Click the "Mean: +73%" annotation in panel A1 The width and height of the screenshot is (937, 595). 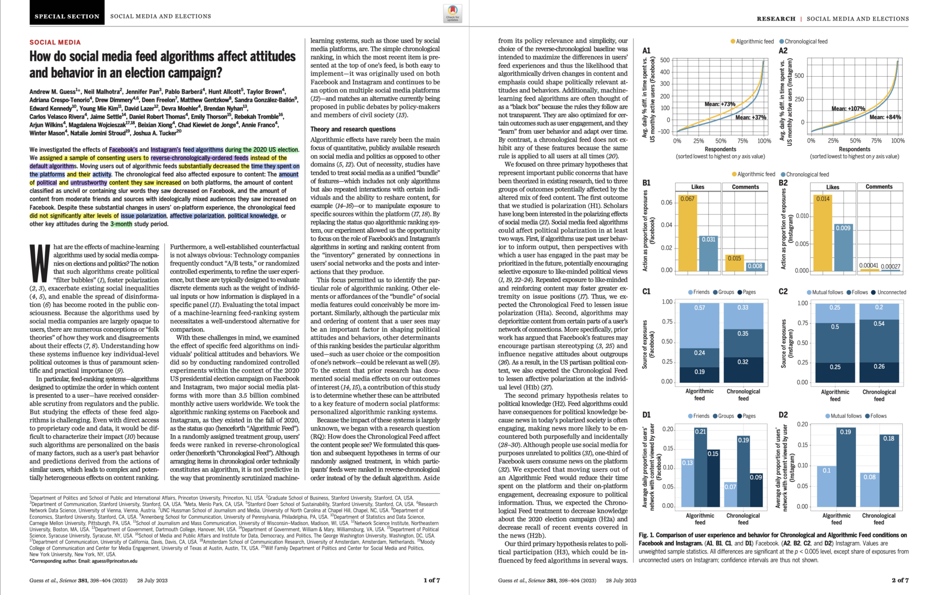click(720, 104)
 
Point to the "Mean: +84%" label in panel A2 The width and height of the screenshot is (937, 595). click(885, 117)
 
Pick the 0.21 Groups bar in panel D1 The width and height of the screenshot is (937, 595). click(700, 467)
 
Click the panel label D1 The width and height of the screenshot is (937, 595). click(646, 415)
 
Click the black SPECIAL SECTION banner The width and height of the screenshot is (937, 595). click(67, 16)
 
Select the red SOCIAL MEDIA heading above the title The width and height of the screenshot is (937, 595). click(55, 43)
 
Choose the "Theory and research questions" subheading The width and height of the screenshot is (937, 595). click(353, 129)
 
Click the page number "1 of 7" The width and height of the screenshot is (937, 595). click(432, 580)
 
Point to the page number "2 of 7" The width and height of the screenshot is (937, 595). click(900, 580)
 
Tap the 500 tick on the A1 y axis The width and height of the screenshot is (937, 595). click(665, 61)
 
